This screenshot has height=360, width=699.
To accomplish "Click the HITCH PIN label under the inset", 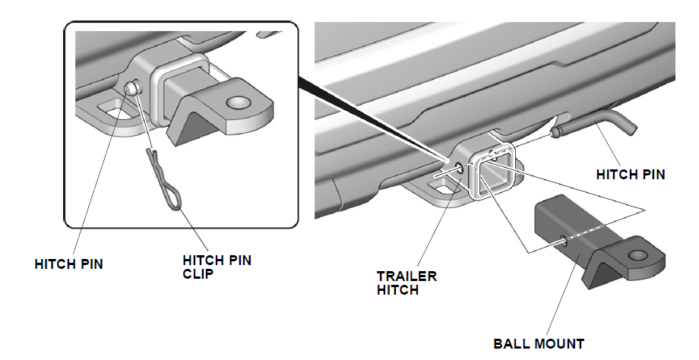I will (69, 264).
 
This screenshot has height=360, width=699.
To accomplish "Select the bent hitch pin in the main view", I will (600, 125).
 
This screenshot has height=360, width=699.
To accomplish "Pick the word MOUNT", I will (561, 343).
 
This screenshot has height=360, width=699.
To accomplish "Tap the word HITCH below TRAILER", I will (397, 289).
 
